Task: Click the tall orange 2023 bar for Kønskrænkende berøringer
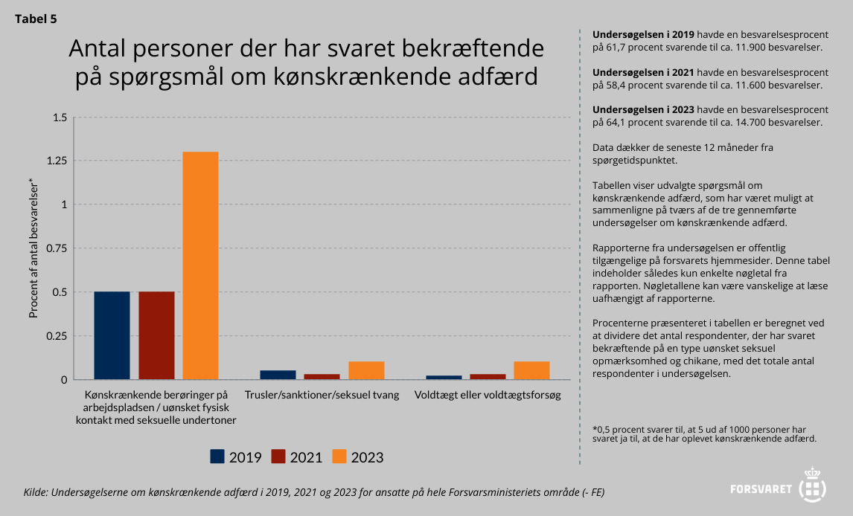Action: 201,265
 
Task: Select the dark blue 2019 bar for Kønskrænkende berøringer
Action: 112,335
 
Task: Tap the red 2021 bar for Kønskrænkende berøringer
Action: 156,335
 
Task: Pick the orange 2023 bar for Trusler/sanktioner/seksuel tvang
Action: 366,370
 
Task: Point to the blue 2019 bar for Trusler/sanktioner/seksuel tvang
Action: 278,375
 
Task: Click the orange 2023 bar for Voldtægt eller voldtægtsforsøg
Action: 531,370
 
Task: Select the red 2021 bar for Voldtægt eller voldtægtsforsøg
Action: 488,376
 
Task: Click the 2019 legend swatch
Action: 217,457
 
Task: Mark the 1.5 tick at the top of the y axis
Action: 60,117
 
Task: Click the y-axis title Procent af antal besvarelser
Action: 33,248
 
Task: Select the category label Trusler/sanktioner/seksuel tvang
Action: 322,394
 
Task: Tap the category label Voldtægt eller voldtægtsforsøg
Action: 487,394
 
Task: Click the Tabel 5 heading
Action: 36,19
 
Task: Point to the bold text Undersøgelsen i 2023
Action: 644,109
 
